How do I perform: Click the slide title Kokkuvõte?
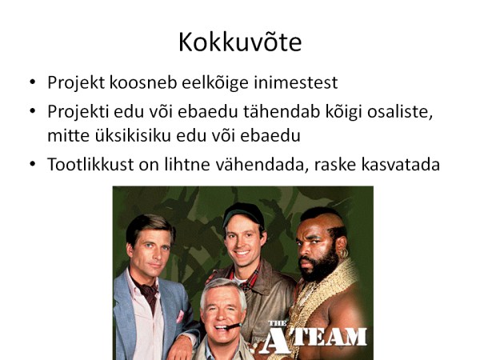(240, 42)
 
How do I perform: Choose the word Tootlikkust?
(90, 164)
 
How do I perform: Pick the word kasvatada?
(401, 164)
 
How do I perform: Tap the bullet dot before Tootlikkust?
(33, 164)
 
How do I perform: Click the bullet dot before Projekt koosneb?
(33, 82)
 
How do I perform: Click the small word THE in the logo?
(278, 323)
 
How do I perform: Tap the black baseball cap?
(243, 214)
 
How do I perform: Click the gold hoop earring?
(344, 253)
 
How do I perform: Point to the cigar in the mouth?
(234, 326)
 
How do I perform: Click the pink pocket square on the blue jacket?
(180, 316)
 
